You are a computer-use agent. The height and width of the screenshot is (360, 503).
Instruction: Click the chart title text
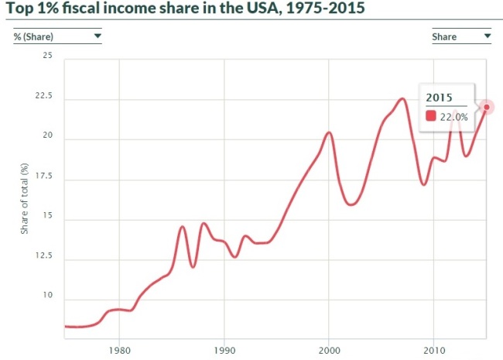186,8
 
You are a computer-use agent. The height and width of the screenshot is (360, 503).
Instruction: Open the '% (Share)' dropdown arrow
98,36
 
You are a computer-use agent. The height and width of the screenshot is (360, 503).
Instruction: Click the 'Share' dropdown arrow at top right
488,36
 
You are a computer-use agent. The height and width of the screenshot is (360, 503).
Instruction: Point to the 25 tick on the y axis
47,55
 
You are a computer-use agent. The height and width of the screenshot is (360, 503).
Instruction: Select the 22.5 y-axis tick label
43,96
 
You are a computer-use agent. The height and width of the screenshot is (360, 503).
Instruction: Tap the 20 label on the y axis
47,135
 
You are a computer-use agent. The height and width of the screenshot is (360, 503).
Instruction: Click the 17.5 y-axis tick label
43,176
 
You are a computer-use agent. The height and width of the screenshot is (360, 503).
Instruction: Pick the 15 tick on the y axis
47,215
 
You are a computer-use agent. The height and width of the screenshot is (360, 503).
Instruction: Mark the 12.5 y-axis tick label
43,255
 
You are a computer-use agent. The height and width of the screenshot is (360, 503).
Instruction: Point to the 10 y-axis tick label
47,295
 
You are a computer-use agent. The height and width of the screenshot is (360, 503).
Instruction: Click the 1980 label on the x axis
120,350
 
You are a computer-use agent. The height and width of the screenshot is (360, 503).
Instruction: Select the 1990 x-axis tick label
224,350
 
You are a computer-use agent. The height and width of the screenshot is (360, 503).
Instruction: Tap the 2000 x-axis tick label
329,350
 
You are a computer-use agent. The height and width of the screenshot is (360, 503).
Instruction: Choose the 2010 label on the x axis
434,350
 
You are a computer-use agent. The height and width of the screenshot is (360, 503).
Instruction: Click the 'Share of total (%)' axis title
25,199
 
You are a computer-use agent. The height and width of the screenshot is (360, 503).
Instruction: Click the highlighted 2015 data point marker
487,107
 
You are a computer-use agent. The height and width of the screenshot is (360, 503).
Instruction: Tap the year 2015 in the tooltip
439,98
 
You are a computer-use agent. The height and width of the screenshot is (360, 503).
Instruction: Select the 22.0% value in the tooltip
454,117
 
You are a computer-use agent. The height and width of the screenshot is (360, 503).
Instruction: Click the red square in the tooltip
431,116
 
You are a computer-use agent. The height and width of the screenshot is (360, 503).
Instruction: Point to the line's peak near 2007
402,99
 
